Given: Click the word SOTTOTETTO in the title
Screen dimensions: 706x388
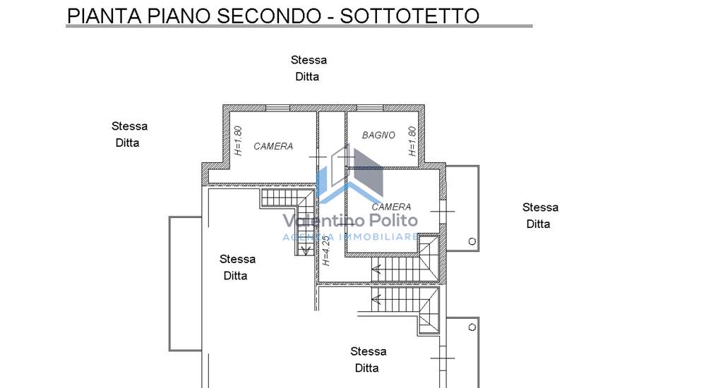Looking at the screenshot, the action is click(x=409, y=16).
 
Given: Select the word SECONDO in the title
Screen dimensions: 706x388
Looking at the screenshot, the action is click(x=269, y=16).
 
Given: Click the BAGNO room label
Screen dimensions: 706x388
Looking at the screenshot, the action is click(x=378, y=135).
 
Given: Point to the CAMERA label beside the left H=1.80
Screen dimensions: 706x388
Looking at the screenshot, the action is click(x=273, y=146).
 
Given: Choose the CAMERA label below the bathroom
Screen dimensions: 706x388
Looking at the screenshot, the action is click(x=391, y=207).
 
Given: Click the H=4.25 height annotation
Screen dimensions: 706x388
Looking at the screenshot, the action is click(x=326, y=250).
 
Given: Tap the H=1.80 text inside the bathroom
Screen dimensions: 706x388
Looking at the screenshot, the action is click(x=412, y=141).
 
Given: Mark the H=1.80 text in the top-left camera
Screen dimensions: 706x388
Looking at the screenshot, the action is click(x=238, y=141).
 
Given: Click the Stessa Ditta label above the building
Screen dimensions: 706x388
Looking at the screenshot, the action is click(x=309, y=68).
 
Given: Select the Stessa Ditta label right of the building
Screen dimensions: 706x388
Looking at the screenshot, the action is click(x=540, y=215).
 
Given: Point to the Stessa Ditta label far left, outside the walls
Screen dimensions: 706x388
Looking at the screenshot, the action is click(x=129, y=134).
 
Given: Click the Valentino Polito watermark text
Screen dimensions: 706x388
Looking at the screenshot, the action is click(x=350, y=220).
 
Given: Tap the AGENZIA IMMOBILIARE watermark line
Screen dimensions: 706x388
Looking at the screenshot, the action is click(x=350, y=237).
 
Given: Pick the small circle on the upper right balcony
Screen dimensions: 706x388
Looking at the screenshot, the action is click(x=472, y=241).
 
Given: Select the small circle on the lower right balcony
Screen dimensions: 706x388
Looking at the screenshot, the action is click(x=472, y=327).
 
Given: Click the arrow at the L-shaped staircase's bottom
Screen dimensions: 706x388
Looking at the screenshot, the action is click(x=306, y=250).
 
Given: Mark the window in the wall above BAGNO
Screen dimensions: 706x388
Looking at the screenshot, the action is click(x=370, y=108).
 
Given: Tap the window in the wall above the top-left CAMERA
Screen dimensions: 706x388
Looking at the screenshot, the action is click(x=277, y=108).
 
